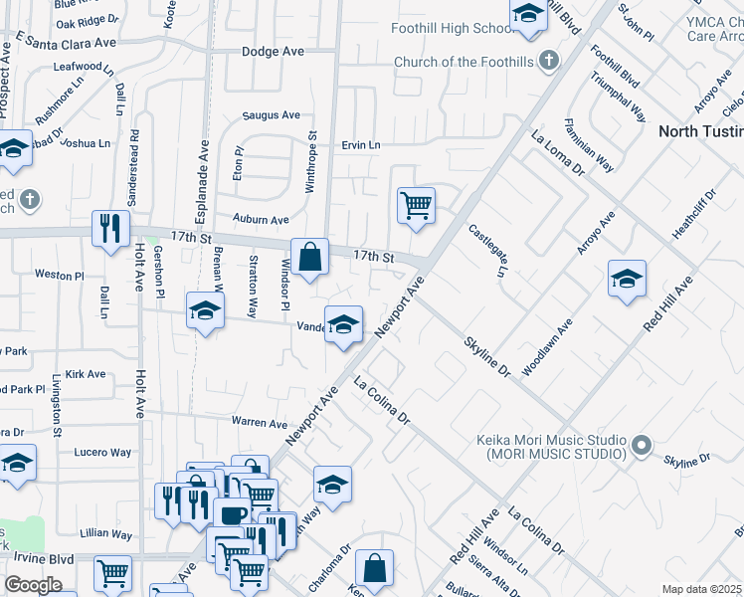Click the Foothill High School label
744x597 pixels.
[452, 29]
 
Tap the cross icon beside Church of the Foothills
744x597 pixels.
[547, 62]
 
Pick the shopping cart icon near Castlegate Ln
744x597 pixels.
[417, 206]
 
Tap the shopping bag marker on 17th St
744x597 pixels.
[310, 257]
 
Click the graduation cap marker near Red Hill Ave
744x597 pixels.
[627, 280]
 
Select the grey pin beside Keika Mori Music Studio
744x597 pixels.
[642, 445]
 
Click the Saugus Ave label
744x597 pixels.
[272, 115]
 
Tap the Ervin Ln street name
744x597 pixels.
[361, 145]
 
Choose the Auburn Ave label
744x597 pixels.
[261, 219]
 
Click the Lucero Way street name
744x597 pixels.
[102, 452]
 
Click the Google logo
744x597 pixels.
[34, 585]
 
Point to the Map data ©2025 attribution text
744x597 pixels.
[701, 589]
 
